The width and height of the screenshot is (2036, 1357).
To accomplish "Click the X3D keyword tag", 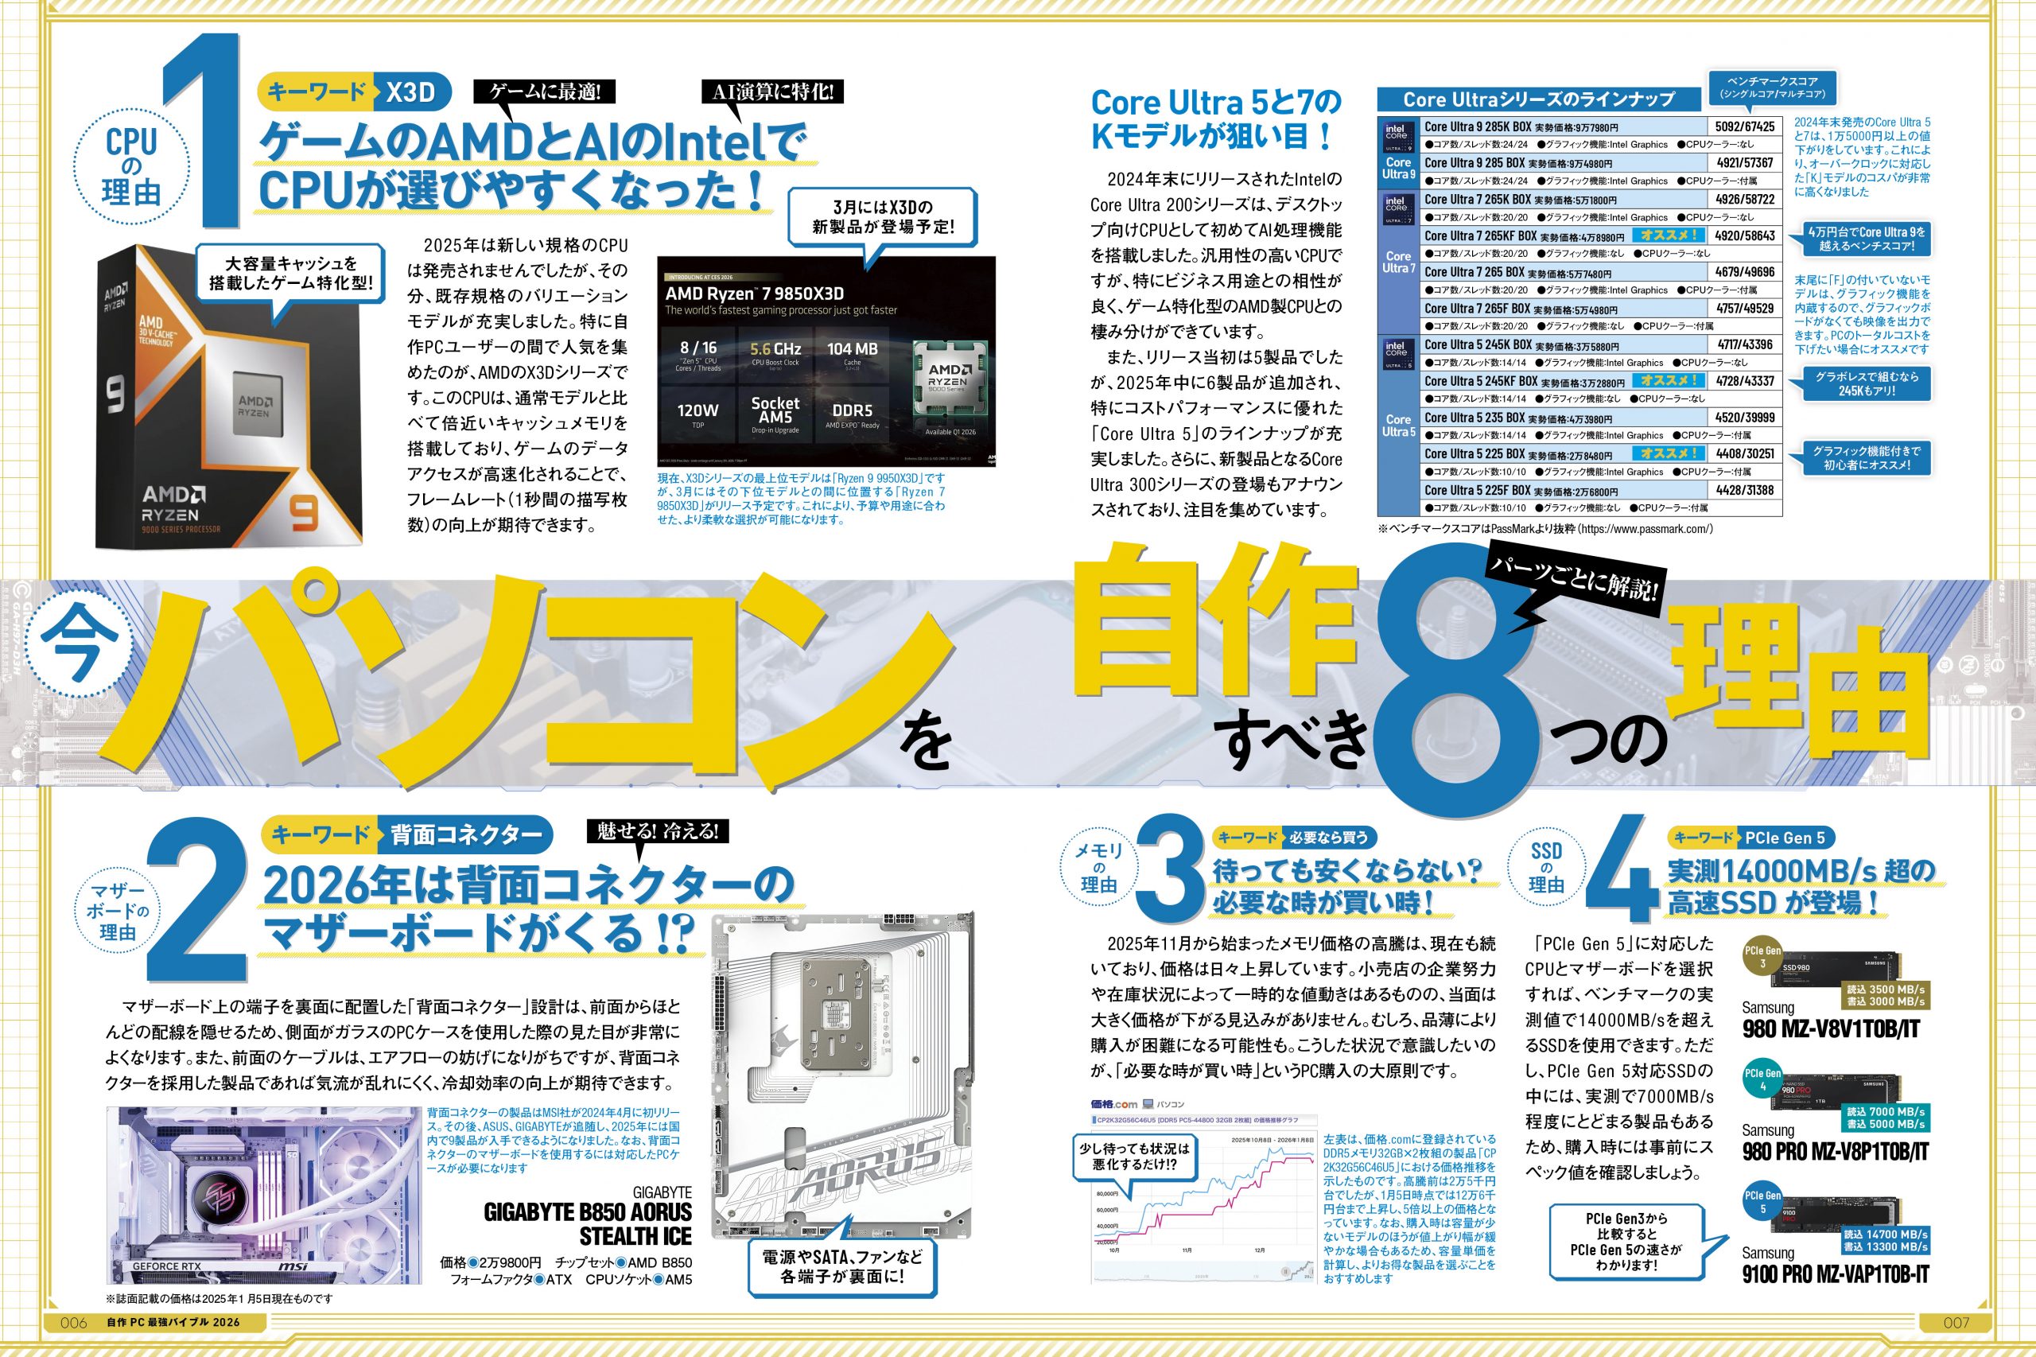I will point(410,91).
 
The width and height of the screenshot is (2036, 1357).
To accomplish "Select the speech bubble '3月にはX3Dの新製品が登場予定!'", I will point(883,217).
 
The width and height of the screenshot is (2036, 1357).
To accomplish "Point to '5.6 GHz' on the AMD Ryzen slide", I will point(775,350).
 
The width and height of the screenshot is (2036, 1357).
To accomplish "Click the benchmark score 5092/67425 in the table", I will point(1744,126).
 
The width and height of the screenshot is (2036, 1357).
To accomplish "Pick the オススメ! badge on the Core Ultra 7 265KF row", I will point(1669,235).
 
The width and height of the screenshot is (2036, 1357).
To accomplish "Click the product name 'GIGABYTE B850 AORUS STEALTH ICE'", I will point(589,1223).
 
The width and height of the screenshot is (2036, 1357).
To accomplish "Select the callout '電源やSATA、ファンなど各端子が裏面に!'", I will point(842,1266).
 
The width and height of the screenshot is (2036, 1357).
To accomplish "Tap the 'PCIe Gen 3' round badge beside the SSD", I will point(1762,956).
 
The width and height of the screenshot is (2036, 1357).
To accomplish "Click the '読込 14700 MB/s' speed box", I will point(1886,1235).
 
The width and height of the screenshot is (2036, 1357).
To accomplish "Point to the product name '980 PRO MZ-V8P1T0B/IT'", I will point(1835,1152).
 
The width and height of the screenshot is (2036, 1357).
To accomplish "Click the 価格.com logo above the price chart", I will point(1113,1104).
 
